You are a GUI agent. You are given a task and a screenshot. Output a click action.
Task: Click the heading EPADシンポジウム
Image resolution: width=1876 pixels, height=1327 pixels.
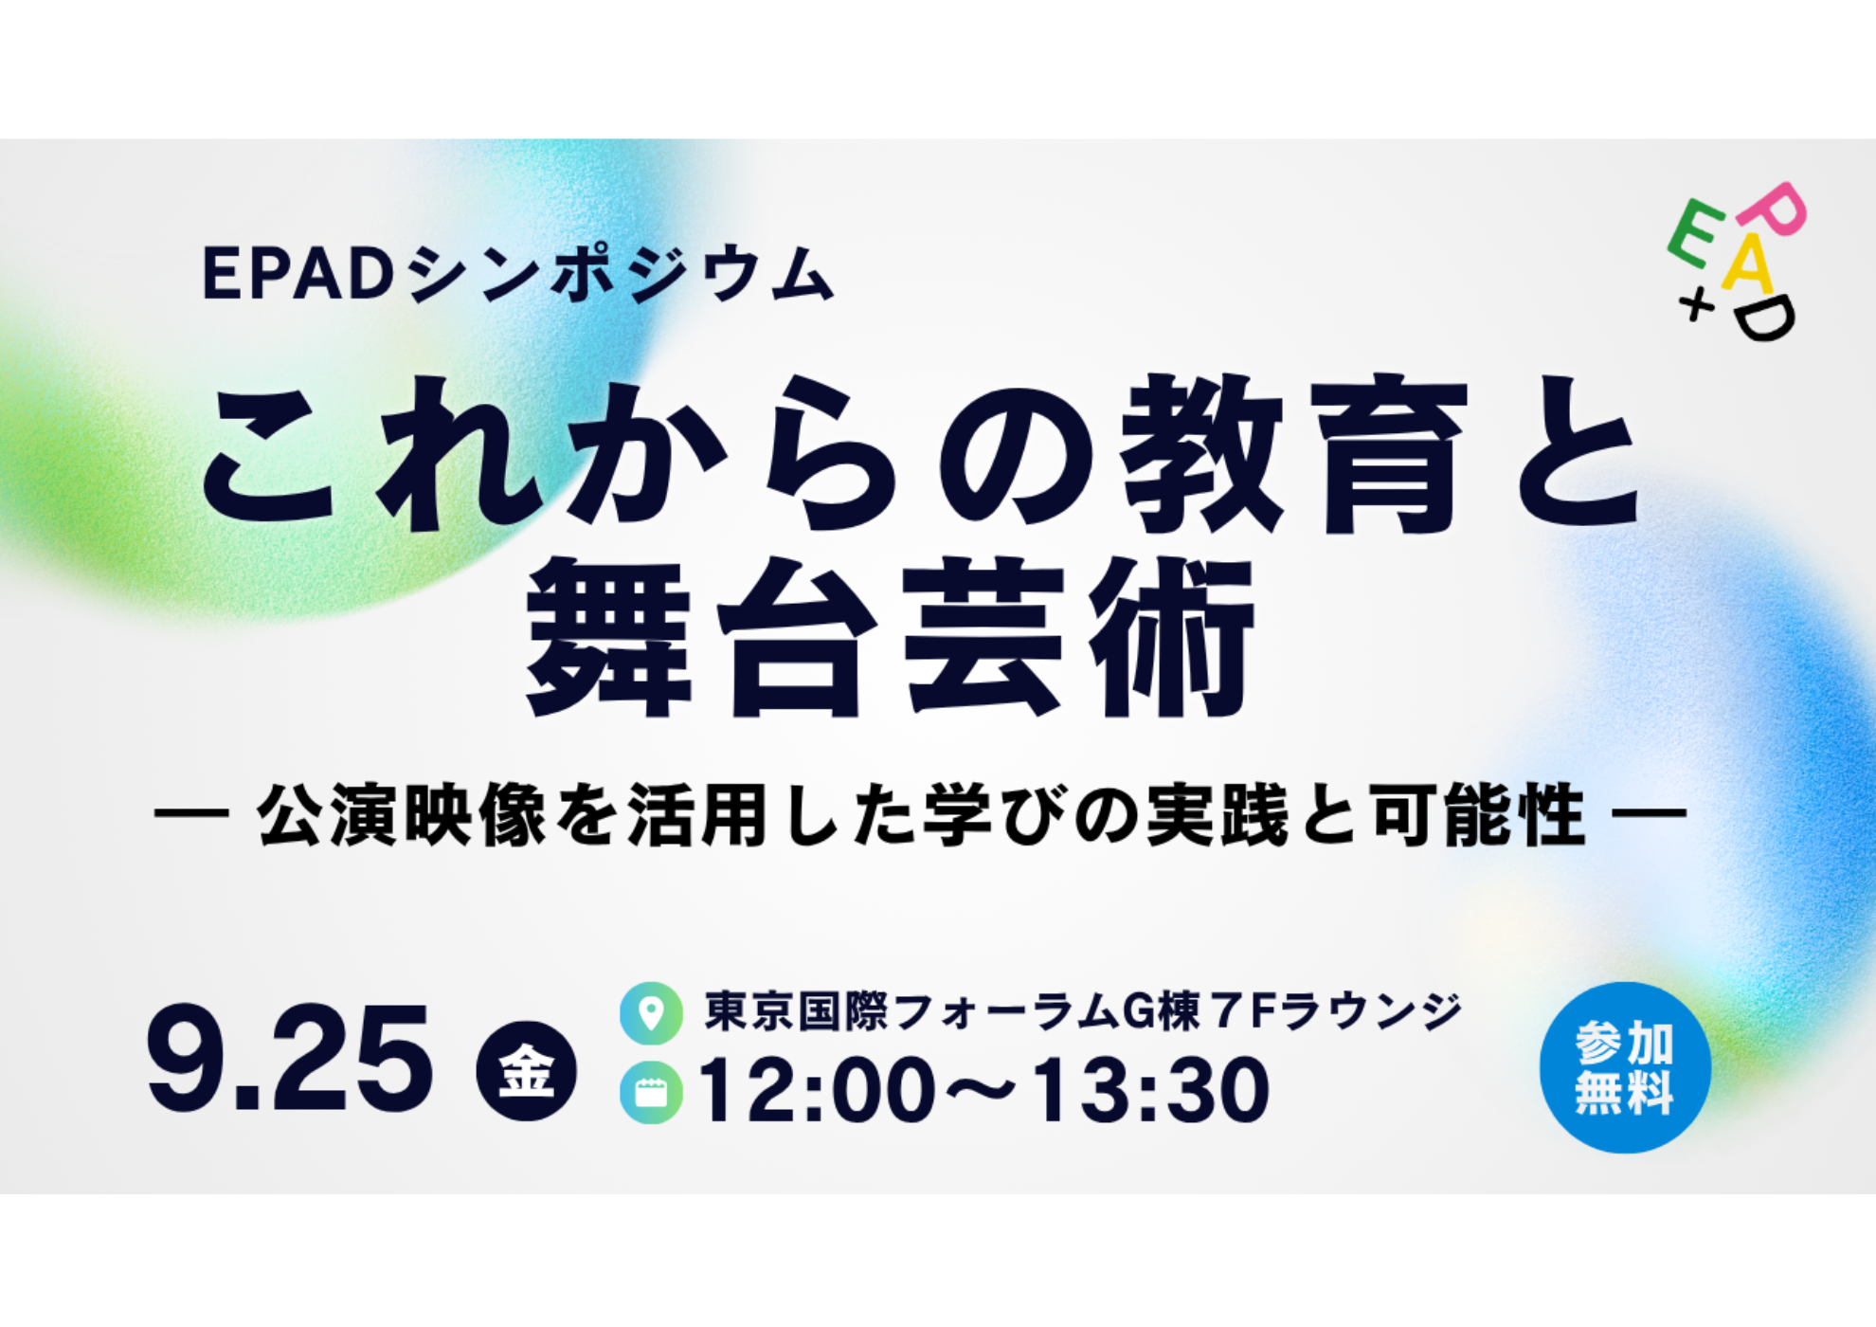pos(518,274)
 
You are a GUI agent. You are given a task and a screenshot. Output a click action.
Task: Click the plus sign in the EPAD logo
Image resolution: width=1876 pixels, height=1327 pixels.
pos(1697,305)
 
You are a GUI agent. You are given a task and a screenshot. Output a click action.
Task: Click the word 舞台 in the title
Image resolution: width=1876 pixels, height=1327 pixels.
pos(702,637)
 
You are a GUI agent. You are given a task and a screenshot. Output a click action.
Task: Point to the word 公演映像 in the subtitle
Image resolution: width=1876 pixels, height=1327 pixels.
pos(402,814)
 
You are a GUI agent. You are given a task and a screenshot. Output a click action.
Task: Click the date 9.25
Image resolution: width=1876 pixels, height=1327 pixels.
pos(290,1058)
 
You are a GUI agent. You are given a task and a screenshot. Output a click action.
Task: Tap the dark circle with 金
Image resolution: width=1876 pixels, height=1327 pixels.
pos(527,1070)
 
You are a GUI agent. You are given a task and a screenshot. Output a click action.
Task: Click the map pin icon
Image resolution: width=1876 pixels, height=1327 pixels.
pos(651,1012)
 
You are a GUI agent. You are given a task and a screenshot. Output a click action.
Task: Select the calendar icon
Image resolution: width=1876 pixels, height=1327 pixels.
pos(651,1092)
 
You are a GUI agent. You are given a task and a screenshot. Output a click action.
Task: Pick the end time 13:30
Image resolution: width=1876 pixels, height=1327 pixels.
pos(1151,1091)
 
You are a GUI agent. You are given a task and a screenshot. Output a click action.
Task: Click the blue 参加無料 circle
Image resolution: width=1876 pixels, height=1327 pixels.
pos(1625,1067)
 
